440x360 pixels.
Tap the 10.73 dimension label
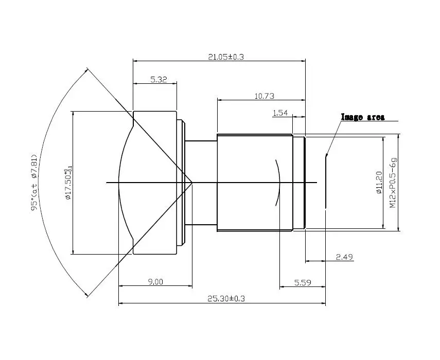pos(265,96)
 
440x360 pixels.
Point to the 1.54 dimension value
pos(280,113)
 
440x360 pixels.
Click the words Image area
pos(362,117)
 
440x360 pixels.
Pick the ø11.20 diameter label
pos(379,182)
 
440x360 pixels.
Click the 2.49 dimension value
pos(344,257)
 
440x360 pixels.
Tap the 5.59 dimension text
pos(302,282)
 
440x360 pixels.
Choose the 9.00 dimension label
pos(155,281)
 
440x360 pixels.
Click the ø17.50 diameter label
pos(67,182)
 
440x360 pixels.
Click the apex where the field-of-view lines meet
pos(192,182)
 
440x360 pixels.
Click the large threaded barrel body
pos(247,206)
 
